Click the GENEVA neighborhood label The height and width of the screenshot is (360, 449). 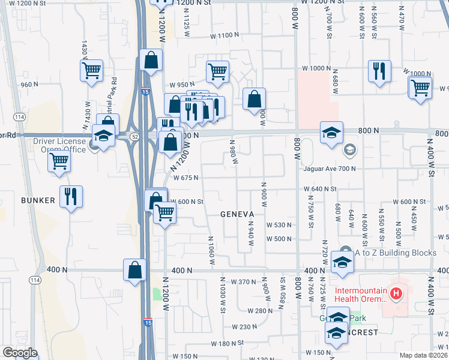238,214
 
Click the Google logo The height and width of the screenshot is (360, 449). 20,353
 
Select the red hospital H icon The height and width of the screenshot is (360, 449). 396,294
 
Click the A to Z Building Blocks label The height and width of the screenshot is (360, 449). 396,253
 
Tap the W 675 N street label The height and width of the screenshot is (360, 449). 186,178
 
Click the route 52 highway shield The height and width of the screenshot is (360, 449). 131,137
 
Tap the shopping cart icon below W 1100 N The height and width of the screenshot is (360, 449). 217,72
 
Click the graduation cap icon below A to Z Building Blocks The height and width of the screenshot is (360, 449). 342,263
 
